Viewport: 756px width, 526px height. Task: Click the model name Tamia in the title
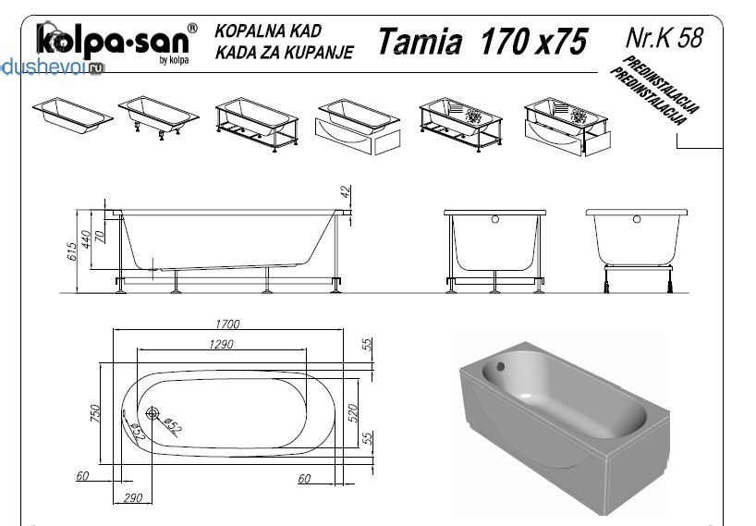coord(420,41)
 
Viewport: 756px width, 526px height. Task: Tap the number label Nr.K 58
coord(665,37)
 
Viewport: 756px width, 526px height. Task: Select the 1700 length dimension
coord(227,324)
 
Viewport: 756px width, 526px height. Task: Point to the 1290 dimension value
coord(221,344)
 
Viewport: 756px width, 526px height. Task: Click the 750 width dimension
coord(95,413)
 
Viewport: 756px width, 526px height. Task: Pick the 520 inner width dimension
coord(353,413)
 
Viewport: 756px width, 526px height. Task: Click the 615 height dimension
coord(71,251)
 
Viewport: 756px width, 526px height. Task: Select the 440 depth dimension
coord(86,239)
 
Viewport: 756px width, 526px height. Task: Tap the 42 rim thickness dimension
coord(346,191)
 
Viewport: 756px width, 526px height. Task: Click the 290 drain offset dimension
coord(132,497)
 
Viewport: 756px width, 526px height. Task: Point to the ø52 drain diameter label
coord(172,426)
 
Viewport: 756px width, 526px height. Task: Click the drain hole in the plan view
coord(152,413)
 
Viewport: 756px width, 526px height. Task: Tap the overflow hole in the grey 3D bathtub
coord(501,367)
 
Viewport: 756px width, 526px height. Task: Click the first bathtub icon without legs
coord(73,116)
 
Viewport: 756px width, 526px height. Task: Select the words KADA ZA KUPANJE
coord(285,52)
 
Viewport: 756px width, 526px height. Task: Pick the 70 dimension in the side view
coord(100,236)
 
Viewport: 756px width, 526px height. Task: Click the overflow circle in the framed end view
coord(494,219)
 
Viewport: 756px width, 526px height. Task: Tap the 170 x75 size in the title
coord(534,41)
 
